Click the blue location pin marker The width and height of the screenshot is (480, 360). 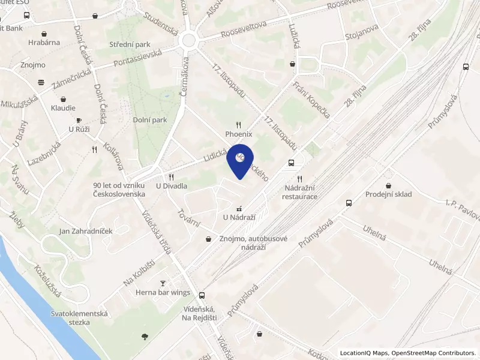(240, 160)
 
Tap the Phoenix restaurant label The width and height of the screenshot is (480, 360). (239, 134)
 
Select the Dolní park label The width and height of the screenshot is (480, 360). (150, 120)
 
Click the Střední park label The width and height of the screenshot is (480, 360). (129, 45)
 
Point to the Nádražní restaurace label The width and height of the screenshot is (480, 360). (299, 192)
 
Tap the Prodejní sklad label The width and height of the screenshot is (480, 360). (389, 194)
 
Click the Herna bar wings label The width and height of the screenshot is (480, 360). (163, 293)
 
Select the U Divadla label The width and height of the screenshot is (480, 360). (172, 186)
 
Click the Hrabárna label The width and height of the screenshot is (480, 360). (44, 43)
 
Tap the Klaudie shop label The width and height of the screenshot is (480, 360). (63, 108)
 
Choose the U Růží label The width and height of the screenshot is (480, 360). (79, 129)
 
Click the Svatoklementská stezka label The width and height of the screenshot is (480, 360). (79, 318)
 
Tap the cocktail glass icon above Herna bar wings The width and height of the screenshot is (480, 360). (163, 283)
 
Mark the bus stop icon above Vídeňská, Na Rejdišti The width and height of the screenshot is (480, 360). (202, 295)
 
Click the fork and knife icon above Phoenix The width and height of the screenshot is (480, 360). (239, 125)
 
